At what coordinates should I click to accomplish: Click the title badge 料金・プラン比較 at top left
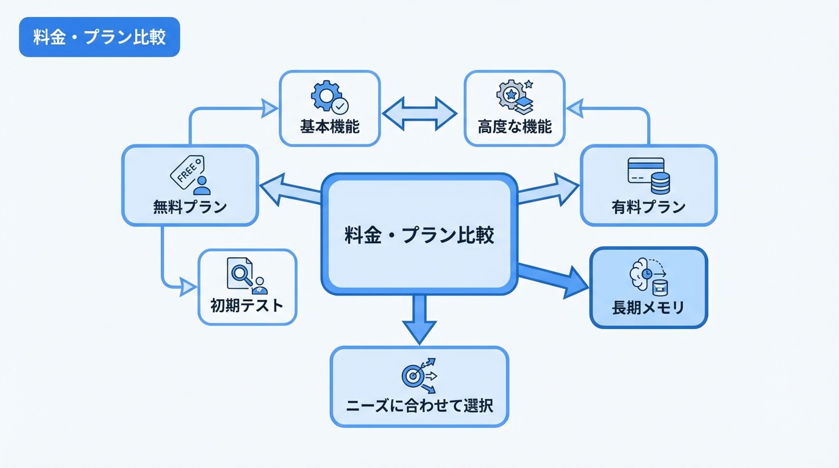(99, 37)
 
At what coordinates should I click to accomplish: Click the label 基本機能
(330, 127)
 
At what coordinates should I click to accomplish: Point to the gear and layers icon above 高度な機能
(515, 96)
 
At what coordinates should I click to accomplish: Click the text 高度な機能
(515, 127)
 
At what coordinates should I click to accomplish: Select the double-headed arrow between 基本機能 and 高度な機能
(419, 113)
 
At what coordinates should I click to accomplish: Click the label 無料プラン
(190, 207)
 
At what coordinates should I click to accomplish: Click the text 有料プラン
(649, 207)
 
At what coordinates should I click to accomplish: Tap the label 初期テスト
(247, 305)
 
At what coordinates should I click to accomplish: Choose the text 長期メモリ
(648, 308)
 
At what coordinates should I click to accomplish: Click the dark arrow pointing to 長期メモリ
(552, 277)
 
